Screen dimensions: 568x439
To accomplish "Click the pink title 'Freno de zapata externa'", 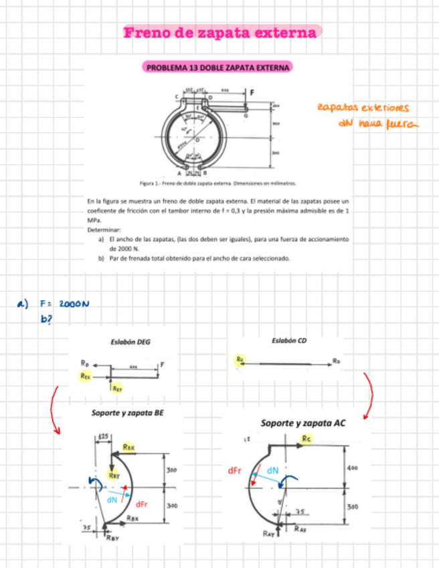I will (x=220, y=33).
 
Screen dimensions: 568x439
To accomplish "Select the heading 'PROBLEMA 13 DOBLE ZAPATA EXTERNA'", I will (x=219, y=68).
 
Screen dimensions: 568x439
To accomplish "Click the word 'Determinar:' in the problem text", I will (x=102, y=228).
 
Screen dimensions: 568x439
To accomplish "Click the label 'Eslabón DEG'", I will (x=130, y=342).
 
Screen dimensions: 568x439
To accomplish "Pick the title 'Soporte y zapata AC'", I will (x=303, y=423).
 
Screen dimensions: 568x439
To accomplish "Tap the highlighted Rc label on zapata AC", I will (x=306, y=438).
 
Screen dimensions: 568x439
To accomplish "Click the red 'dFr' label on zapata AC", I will (x=234, y=471).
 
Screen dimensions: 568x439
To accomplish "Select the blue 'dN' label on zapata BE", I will (x=112, y=499).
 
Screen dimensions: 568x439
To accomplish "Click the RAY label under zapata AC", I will (x=268, y=533).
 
